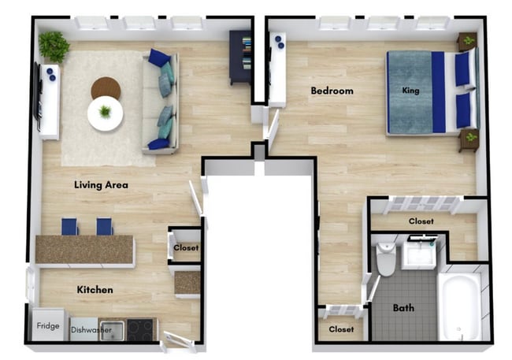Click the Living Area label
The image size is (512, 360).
(x=101, y=185)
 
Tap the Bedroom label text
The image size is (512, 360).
(x=332, y=91)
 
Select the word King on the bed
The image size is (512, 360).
(x=410, y=91)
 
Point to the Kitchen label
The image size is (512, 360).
(x=95, y=290)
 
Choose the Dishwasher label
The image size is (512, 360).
(x=91, y=329)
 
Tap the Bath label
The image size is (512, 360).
(x=403, y=307)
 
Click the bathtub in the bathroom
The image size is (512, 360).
(x=461, y=307)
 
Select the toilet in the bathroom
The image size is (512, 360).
(x=385, y=260)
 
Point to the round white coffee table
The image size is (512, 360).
(x=105, y=113)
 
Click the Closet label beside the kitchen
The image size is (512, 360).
(x=186, y=248)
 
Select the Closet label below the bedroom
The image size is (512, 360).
(x=421, y=221)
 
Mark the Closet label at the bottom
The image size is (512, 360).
(x=341, y=328)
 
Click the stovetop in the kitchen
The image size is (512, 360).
(x=142, y=329)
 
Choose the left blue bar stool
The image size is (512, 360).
(x=70, y=226)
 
